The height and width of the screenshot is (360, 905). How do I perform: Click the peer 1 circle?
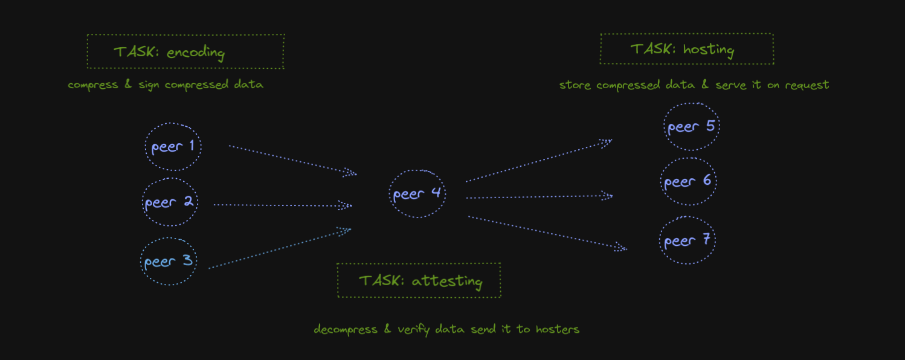[x=173, y=147]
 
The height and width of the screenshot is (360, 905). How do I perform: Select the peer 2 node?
[x=169, y=202]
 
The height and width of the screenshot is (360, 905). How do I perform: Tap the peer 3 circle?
[x=169, y=262]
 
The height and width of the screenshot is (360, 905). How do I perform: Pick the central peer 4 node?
[x=417, y=194]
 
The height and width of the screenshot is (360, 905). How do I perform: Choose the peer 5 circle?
[x=691, y=127]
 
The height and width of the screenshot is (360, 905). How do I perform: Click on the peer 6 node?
[x=688, y=181]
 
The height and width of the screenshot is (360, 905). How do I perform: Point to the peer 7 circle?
[x=688, y=240]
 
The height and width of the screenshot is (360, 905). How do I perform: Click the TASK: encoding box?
[x=185, y=52]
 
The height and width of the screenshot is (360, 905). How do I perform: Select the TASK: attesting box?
[x=419, y=280]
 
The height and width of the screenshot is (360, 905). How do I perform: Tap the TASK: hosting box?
[x=687, y=49]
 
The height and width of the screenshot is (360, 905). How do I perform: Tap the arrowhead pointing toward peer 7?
[x=621, y=247]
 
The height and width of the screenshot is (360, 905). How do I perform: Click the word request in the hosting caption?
[x=807, y=85]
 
